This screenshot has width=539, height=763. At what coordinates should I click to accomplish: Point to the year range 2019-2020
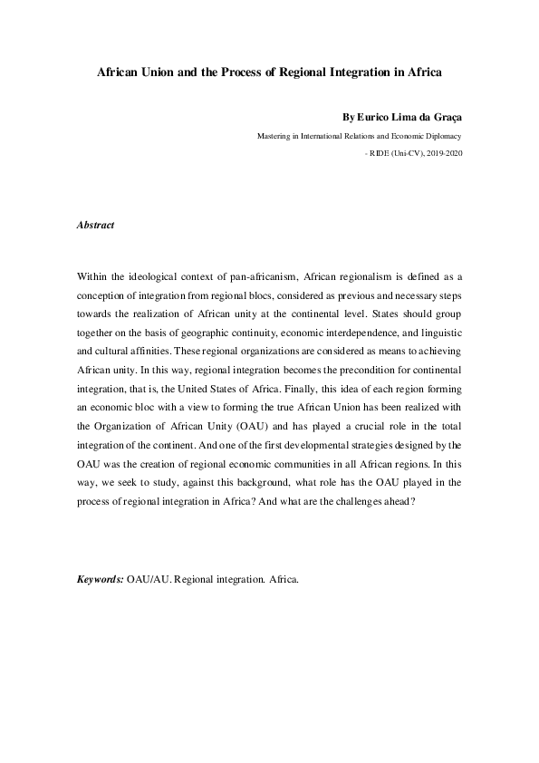click(x=445, y=154)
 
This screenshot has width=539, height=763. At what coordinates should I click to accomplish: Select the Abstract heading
click(x=95, y=225)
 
